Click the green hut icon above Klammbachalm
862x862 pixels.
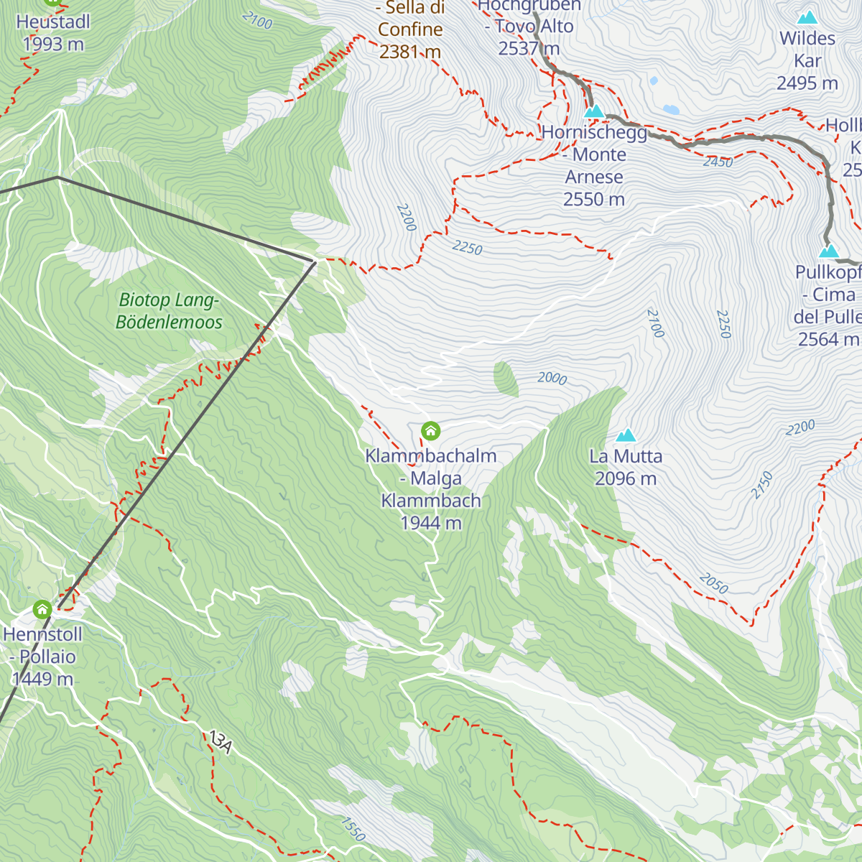[430, 430]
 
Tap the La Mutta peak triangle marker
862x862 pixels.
[626, 435]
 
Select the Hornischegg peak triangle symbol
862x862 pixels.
[594, 111]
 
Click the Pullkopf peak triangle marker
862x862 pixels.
[829, 251]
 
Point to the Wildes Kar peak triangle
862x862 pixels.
[808, 17]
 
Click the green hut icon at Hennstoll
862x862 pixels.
[42, 610]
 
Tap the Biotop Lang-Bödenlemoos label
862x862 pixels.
[170, 311]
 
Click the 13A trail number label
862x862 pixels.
[220, 742]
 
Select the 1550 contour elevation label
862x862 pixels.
[353, 829]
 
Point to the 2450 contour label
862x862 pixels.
[718, 162]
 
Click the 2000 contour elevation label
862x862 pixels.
[552, 378]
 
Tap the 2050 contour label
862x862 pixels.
[713, 583]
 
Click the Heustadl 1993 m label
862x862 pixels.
[53, 33]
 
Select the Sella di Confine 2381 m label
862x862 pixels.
[410, 29]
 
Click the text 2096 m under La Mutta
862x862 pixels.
[626, 478]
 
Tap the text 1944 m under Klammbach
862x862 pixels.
[431, 523]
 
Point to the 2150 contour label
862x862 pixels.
[762, 485]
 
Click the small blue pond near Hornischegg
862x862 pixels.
[671, 110]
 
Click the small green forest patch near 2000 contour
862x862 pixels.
[506, 379]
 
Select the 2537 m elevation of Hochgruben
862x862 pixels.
[529, 49]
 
